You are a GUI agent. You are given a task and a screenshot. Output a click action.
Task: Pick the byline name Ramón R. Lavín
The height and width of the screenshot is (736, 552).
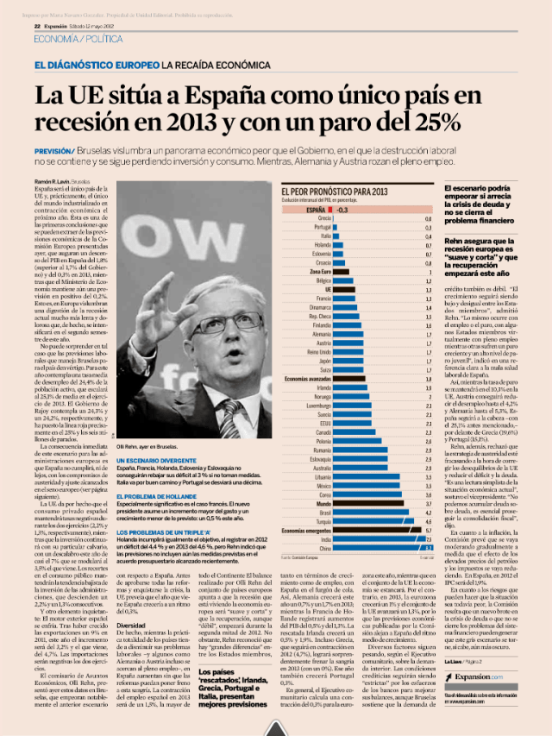tap(53, 183)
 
